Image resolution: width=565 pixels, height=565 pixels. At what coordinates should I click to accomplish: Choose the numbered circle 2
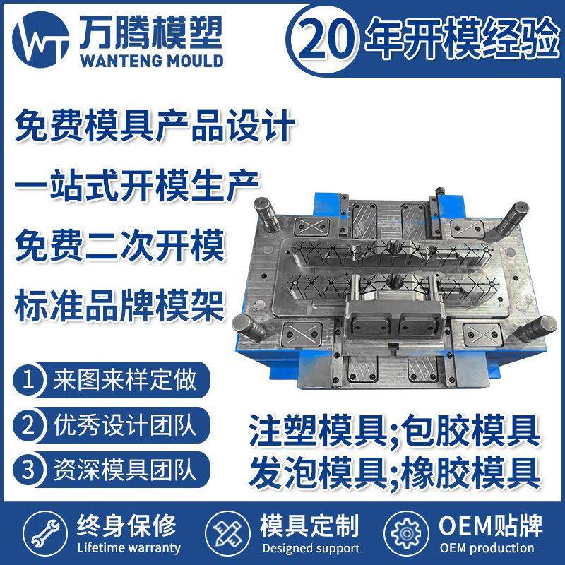click(x=29, y=425)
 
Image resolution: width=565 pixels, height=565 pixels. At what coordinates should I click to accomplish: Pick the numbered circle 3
click(x=29, y=469)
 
